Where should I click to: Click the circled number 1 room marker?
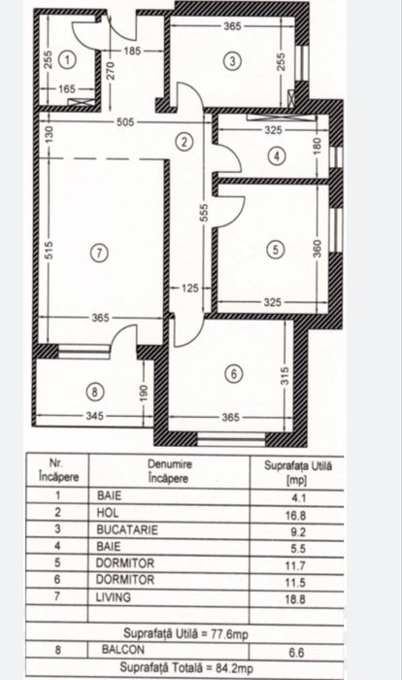click(x=66, y=59)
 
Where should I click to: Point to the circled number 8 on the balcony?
click(x=94, y=392)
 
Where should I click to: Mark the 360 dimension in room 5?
click(x=316, y=249)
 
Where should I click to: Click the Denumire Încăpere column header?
click(x=170, y=470)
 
